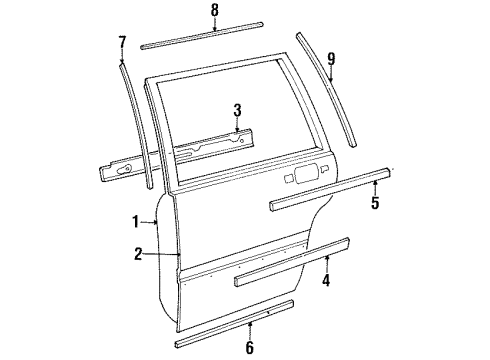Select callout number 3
click(x=236, y=110)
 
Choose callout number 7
click(x=122, y=42)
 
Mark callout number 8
click(x=214, y=11)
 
